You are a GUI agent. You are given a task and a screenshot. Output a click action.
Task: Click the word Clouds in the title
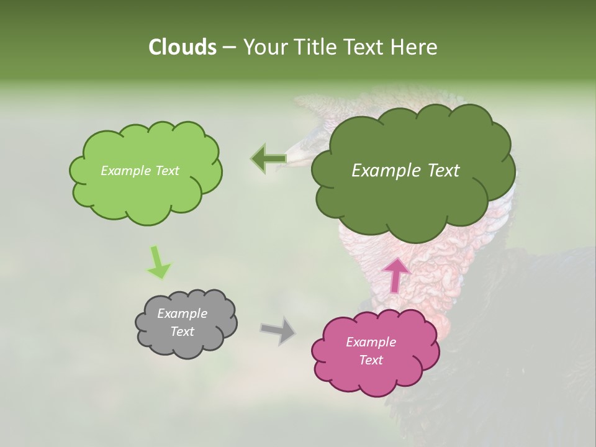click(x=182, y=47)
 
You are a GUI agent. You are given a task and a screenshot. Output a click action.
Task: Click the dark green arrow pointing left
click(x=268, y=159)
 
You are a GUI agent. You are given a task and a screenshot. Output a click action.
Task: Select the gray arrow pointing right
click(x=278, y=330)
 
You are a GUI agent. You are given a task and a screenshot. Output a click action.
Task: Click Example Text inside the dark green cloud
click(x=405, y=171)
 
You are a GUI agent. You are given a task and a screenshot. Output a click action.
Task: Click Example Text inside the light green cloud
click(x=140, y=171)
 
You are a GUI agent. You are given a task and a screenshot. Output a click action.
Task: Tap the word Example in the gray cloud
click(x=182, y=314)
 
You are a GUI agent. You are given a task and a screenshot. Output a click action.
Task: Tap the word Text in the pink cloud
click(x=371, y=360)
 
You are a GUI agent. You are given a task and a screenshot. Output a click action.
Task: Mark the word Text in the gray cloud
click(x=182, y=332)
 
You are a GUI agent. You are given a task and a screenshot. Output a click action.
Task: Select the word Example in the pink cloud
click(x=371, y=342)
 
